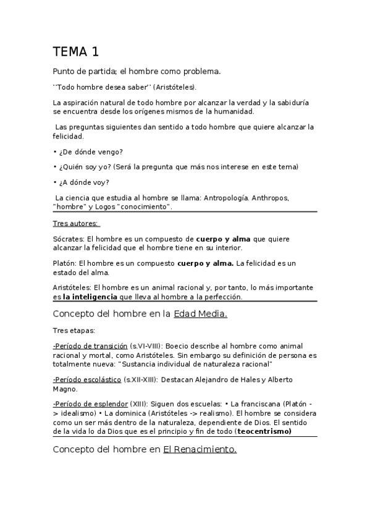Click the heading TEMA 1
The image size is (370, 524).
coord(75,51)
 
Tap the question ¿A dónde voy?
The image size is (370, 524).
coord(85,182)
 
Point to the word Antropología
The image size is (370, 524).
coord(226,198)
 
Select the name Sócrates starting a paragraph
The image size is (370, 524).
coord(69,239)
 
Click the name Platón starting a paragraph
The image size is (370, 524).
coord(64,263)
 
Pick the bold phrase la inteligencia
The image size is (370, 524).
coord(92,297)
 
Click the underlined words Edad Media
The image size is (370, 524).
coord(200,314)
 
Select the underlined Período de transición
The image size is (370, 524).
coord(90,345)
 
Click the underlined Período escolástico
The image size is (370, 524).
coord(87,379)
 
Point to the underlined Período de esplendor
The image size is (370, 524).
coord(90,403)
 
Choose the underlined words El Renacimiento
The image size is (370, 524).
coord(200,450)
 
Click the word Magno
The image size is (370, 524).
coord(65,389)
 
